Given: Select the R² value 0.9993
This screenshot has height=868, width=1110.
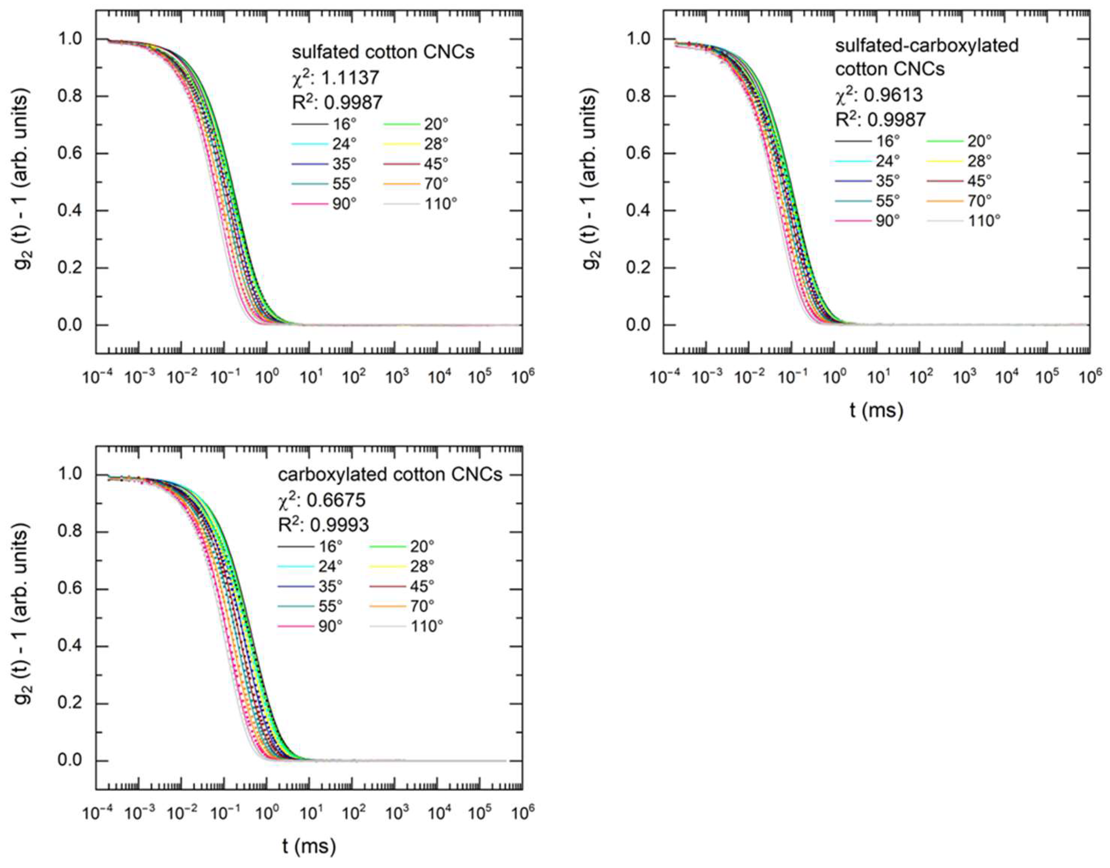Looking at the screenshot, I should coord(324,524).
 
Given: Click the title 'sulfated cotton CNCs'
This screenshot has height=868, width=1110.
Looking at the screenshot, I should coord(383,52).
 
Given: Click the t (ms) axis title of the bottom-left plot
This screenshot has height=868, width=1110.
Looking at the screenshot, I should coord(309,847).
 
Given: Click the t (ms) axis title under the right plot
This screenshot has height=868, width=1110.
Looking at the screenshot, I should coord(877,410).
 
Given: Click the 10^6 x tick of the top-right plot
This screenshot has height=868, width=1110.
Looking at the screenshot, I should coord(1088,377).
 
